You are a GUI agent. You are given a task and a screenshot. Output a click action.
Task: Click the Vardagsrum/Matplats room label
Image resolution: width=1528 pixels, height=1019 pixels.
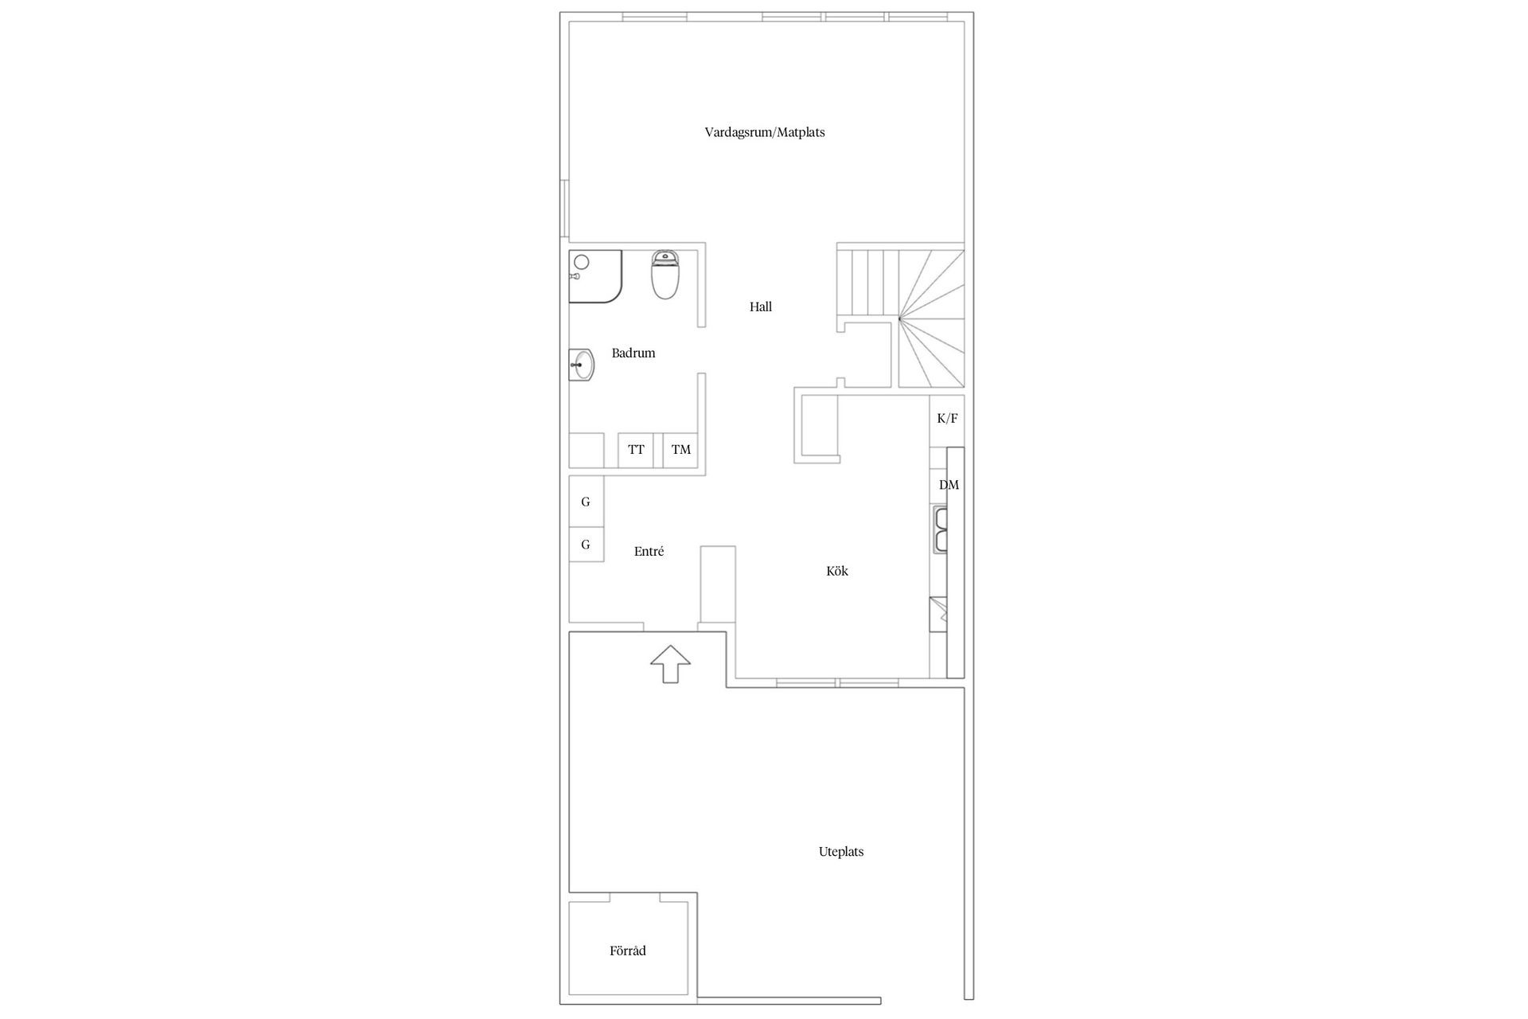(x=764, y=132)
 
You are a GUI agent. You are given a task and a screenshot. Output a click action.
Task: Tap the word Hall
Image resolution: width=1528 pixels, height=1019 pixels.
(x=760, y=306)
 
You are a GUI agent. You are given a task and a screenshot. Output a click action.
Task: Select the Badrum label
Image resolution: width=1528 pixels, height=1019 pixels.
(x=633, y=353)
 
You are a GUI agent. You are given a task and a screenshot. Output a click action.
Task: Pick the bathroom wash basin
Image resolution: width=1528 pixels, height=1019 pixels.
(x=582, y=365)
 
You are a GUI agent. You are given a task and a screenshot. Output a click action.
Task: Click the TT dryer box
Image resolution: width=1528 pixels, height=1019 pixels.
(x=636, y=450)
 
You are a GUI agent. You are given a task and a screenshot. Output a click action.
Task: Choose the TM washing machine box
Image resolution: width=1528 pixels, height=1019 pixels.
(x=680, y=450)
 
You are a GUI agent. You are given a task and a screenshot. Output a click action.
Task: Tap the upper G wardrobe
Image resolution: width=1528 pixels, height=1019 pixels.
(x=586, y=502)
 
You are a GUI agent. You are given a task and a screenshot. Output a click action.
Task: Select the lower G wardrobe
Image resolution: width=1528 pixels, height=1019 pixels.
(x=586, y=545)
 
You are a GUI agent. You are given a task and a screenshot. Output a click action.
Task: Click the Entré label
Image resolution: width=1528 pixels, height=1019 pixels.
(x=649, y=551)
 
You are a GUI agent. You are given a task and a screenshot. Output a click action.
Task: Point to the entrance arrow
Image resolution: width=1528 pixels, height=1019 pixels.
(x=670, y=663)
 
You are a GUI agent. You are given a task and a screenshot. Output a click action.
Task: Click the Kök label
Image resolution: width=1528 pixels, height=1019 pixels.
(x=836, y=571)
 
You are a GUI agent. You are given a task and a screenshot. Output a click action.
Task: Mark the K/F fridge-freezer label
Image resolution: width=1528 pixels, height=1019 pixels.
(x=947, y=419)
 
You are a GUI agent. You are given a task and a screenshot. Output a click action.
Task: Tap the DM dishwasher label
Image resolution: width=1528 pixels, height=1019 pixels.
(x=949, y=485)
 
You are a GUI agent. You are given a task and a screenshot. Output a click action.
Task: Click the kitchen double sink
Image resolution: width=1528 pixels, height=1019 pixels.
(x=941, y=530)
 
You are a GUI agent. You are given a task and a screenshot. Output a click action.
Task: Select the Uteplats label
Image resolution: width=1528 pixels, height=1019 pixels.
(x=840, y=852)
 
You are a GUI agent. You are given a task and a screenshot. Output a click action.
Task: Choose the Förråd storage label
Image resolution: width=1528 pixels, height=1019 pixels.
(x=627, y=951)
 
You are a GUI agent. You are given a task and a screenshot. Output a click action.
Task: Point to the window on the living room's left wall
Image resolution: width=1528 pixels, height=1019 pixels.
(x=564, y=209)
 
